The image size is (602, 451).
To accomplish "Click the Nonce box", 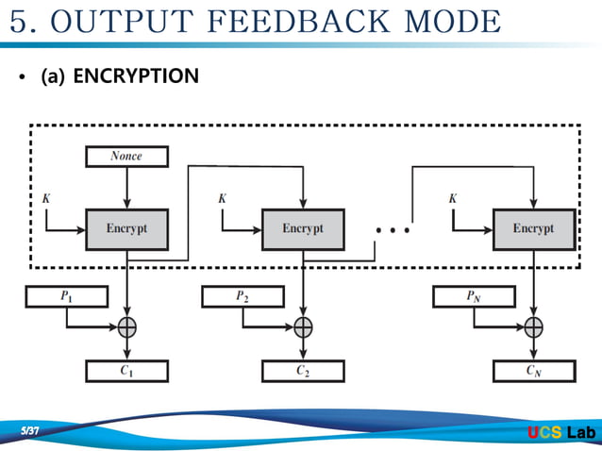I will pyautogui.click(x=126, y=157).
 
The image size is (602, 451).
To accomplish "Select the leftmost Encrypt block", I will pyautogui.click(x=126, y=229).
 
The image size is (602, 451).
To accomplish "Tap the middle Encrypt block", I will pyautogui.click(x=302, y=229).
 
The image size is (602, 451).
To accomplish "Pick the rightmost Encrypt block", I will pyautogui.click(x=533, y=229).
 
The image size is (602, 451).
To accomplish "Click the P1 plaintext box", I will pyautogui.click(x=66, y=297).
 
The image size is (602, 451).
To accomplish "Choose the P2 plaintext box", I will pyautogui.click(x=242, y=297).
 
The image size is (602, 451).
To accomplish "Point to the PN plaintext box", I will pyautogui.click(x=474, y=297).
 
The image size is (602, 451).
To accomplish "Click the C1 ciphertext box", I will pyautogui.click(x=126, y=371).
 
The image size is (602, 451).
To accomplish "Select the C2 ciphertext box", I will pyautogui.click(x=302, y=371).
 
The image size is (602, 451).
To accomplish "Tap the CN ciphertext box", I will pyautogui.click(x=533, y=371).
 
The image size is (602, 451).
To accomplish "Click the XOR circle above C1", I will pyautogui.click(x=127, y=327).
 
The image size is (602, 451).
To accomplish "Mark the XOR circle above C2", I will pyautogui.click(x=303, y=327).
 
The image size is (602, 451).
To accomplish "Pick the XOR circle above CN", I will pyautogui.click(x=534, y=327).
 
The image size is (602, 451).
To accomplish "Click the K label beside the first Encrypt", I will pyautogui.click(x=46, y=199).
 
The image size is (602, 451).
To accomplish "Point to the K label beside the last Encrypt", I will pyautogui.click(x=453, y=199).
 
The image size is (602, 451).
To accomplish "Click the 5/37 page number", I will pyautogui.click(x=35, y=431).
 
